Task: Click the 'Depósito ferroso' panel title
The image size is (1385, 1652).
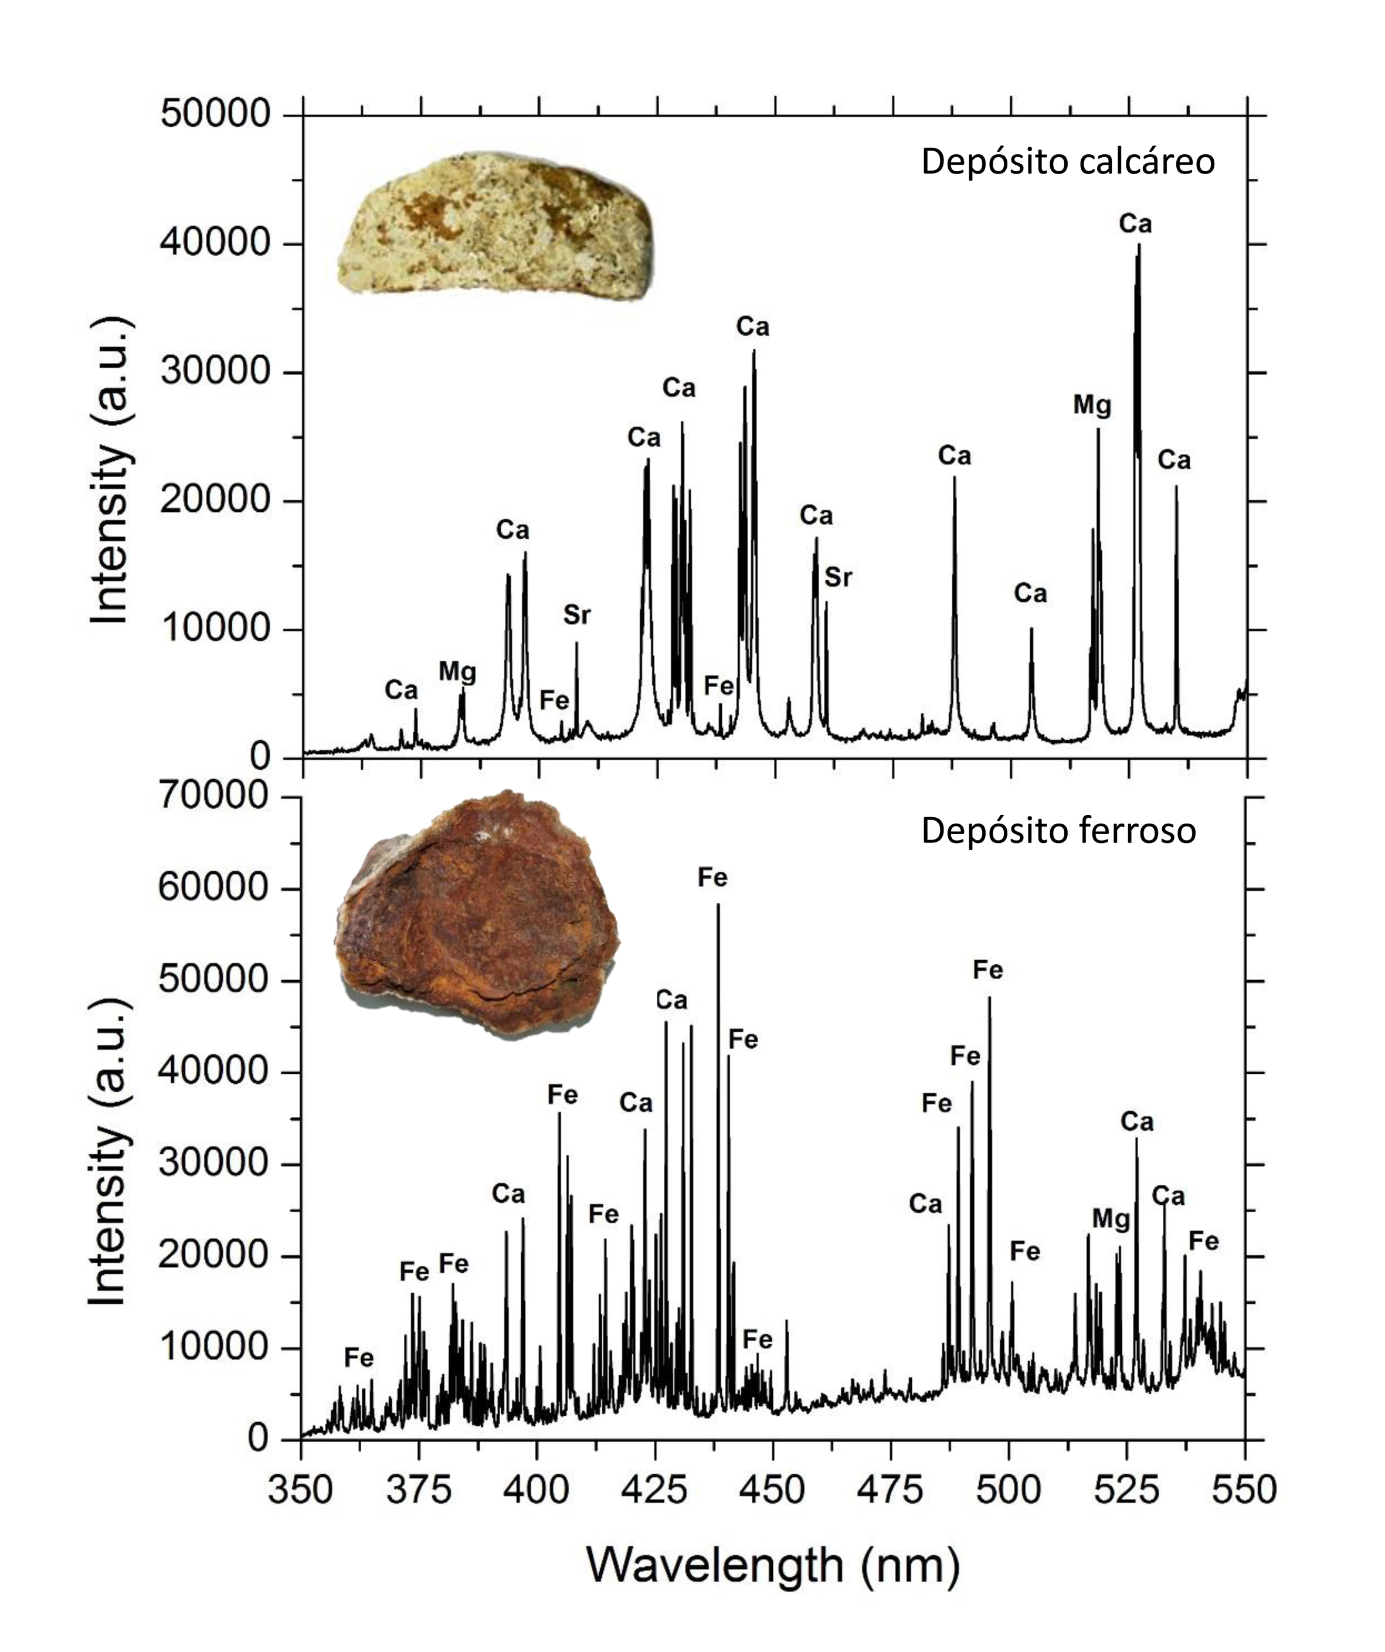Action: pyautogui.click(x=1058, y=831)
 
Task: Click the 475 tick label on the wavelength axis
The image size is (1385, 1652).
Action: pyautogui.click(x=891, y=1491)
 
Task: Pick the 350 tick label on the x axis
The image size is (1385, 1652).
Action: pyautogui.click(x=301, y=1491)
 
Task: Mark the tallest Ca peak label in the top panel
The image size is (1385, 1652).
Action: pyautogui.click(x=1136, y=224)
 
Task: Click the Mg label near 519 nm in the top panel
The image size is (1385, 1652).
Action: pyautogui.click(x=1093, y=406)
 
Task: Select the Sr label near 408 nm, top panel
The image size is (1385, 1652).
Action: pyautogui.click(x=577, y=615)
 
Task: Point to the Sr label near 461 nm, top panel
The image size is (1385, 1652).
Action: pyautogui.click(x=838, y=578)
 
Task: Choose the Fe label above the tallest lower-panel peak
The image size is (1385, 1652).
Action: pyautogui.click(x=713, y=878)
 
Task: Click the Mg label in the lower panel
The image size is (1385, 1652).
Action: pyautogui.click(x=1111, y=1219)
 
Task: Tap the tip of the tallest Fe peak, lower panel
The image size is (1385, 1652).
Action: pyautogui.click(x=718, y=905)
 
